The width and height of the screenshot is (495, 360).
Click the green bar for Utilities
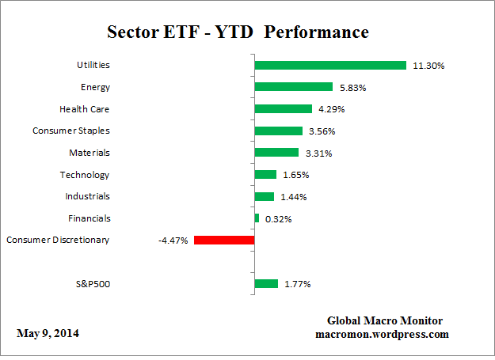pos(329,66)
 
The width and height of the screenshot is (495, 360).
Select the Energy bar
pos(293,87)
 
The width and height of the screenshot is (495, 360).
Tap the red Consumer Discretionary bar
pos(223,240)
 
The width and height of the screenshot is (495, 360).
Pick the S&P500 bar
pos(266,283)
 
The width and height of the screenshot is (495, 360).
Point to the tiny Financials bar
pos(257,218)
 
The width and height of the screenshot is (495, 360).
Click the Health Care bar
pos(284,109)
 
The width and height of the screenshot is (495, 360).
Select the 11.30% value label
pos(428,66)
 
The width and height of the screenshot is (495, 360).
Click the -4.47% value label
pos(173,240)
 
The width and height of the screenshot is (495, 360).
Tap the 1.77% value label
pos(298,283)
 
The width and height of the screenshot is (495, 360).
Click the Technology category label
pos(85,175)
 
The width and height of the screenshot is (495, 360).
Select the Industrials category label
pos(87,196)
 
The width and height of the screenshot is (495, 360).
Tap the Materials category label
pos(89,153)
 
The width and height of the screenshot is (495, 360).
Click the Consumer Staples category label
pos(71,131)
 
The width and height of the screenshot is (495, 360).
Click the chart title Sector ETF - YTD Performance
pos(238,32)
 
